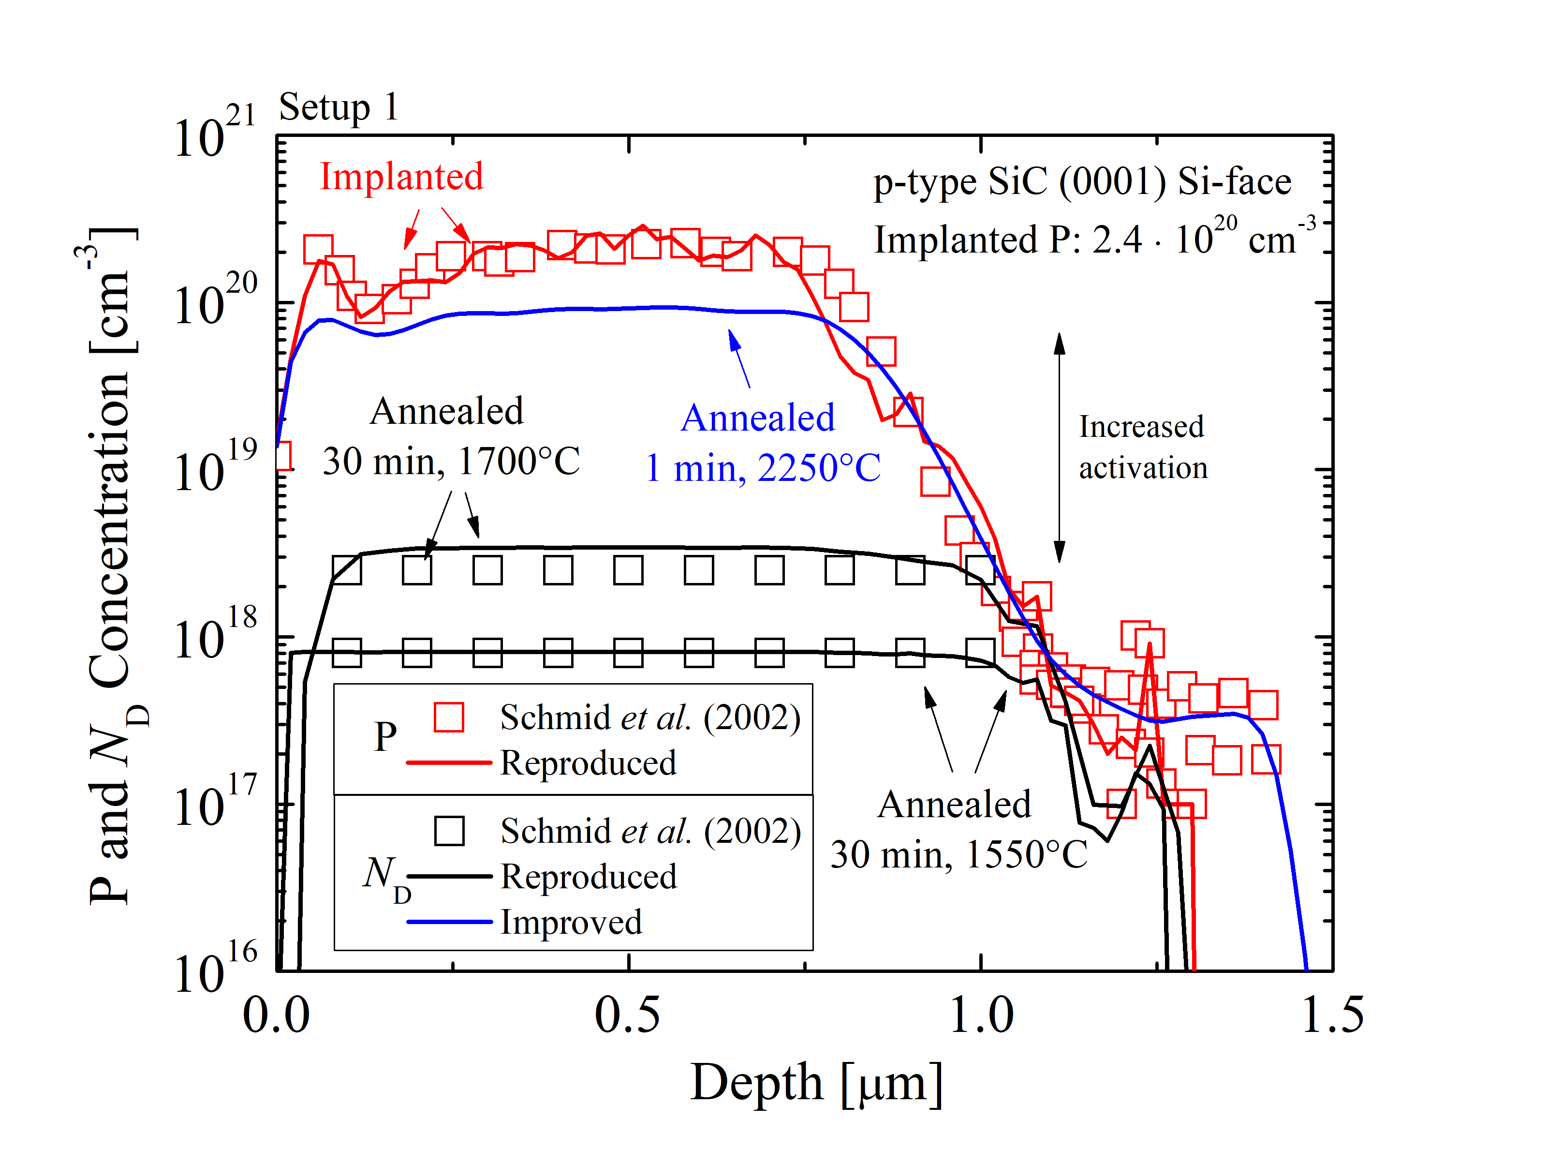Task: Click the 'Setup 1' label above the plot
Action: click(x=339, y=107)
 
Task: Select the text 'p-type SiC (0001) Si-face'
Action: click(x=1082, y=182)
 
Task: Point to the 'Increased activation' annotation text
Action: click(x=1142, y=447)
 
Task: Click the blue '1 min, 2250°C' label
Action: click(x=762, y=468)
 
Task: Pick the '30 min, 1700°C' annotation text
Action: click(x=451, y=462)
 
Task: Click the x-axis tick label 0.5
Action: click(x=627, y=1015)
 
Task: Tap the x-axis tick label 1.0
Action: click(x=980, y=1015)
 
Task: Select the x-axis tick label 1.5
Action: click(x=1332, y=1015)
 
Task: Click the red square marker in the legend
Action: click(x=449, y=717)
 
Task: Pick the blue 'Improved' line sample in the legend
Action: click(x=449, y=922)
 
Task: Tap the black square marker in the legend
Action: click(x=449, y=831)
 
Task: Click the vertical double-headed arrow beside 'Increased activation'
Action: click(x=1060, y=448)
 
